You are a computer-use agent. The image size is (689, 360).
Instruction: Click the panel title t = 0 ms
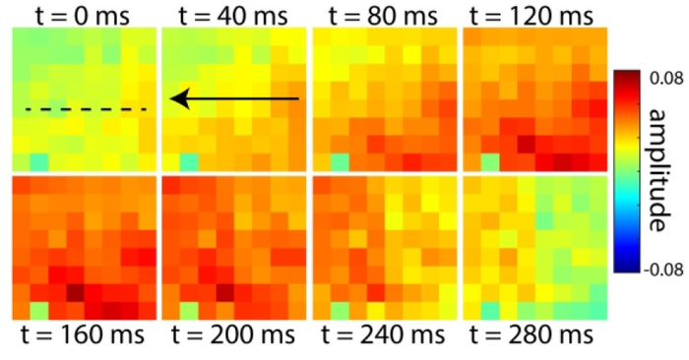83,16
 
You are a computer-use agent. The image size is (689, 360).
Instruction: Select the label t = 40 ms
233,16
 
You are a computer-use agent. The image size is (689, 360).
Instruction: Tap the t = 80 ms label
383,16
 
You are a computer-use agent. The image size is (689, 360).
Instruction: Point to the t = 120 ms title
532,16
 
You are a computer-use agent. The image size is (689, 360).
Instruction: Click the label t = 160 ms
83,335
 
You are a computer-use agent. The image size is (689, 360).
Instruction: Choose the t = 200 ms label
233,335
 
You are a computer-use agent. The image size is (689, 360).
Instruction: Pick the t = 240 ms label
383,335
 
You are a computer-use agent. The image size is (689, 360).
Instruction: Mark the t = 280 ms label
532,335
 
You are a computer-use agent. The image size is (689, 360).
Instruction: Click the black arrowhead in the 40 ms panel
180,98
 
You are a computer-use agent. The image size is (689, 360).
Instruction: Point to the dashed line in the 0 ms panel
86,109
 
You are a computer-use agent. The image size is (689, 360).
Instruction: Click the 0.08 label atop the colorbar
666,78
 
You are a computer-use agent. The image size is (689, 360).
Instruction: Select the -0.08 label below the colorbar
663,269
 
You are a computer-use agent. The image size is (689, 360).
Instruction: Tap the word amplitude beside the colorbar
660,170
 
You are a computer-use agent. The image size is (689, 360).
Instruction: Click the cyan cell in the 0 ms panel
39,162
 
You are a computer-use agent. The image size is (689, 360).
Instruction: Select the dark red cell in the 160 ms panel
75,292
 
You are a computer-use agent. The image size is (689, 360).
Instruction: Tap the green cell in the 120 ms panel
490,162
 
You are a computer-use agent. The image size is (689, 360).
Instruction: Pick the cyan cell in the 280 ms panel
490,311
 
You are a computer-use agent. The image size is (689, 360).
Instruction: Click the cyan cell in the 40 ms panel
189,162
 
